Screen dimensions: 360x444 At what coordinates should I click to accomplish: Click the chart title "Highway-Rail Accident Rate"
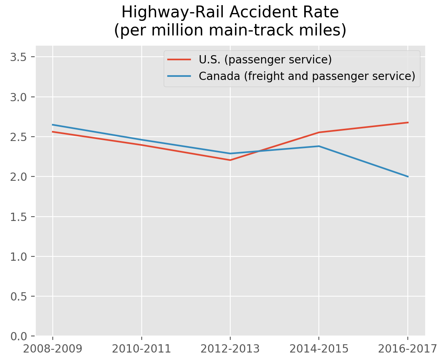(x=230, y=12)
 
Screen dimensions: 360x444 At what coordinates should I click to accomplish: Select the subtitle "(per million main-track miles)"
(x=230, y=31)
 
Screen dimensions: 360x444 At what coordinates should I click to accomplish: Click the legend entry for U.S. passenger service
(x=265, y=59)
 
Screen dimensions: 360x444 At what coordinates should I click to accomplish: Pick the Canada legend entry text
(x=307, y=76)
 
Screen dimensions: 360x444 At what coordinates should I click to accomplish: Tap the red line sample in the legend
(x=179, y=60)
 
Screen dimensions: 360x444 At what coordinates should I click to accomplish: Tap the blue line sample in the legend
(x=179, y=76)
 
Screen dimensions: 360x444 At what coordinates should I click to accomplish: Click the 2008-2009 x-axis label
(x=53, y=349)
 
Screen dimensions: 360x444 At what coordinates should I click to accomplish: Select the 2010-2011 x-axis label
(x=141, y=349)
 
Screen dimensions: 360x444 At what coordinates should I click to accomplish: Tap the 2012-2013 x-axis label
(x=230, y=349)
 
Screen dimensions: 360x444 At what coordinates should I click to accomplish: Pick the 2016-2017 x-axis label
(x=407, y=349)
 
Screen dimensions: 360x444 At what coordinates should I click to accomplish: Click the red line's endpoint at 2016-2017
(x=407, y=122)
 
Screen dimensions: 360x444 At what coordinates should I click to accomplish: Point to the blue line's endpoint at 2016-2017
(x=407, y=176)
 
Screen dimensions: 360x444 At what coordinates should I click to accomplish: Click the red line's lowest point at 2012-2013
(x=230, y=160)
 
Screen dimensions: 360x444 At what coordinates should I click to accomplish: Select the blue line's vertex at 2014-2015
(x=319, y=146)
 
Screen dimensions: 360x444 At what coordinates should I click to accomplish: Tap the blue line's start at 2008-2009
(x=53, y=125)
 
